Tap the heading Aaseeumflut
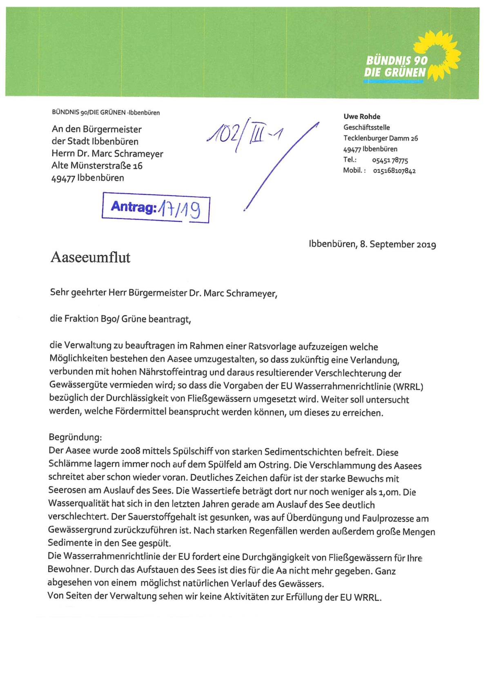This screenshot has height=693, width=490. pos(90,257)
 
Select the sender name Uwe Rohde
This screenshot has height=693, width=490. pos(362,116)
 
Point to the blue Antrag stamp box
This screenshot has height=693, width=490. pos(156,208)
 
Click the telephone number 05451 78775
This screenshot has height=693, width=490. pos(390,160)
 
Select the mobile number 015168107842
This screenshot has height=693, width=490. pos(394,171)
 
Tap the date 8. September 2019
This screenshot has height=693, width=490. pos(398,244)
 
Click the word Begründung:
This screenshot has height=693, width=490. pos(75,437)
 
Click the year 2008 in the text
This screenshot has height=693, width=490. pos(130,450)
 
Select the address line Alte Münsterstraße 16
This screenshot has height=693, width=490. pos(97,165)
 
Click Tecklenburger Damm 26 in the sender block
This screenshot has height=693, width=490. pos(381,138)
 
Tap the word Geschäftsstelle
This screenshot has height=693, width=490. pos(366,127)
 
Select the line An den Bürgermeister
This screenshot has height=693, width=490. pos(96,129)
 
